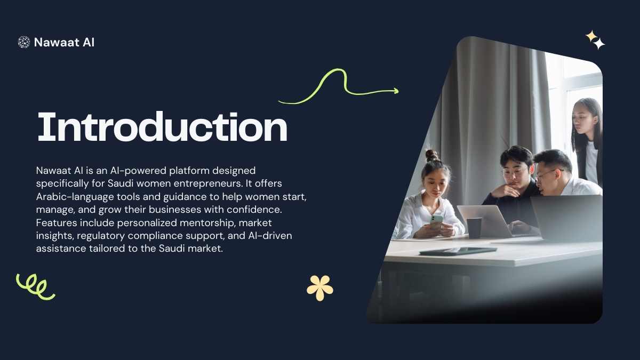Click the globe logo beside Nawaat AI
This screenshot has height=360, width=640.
[23, 42]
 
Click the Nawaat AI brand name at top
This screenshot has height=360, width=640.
[64, 42]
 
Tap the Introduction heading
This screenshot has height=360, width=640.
[162, 126]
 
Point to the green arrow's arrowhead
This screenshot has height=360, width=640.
[396, 91]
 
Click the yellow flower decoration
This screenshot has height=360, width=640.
[319, 287]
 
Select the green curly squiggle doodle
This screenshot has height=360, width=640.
[35, 287]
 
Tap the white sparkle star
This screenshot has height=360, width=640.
[599, 44]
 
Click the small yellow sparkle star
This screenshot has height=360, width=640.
[590, 36]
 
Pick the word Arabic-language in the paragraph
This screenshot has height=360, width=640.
[75, 197]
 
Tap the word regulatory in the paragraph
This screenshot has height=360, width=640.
[101, 236]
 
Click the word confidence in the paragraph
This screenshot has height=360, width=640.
[254, 210]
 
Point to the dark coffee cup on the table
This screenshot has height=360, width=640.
[474, 228]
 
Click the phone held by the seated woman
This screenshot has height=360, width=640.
[436, 221]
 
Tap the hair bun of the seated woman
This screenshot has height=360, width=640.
[432, 155]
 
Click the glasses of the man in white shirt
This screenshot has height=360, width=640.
[548, 174]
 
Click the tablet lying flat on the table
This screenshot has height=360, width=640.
[458, 251]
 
